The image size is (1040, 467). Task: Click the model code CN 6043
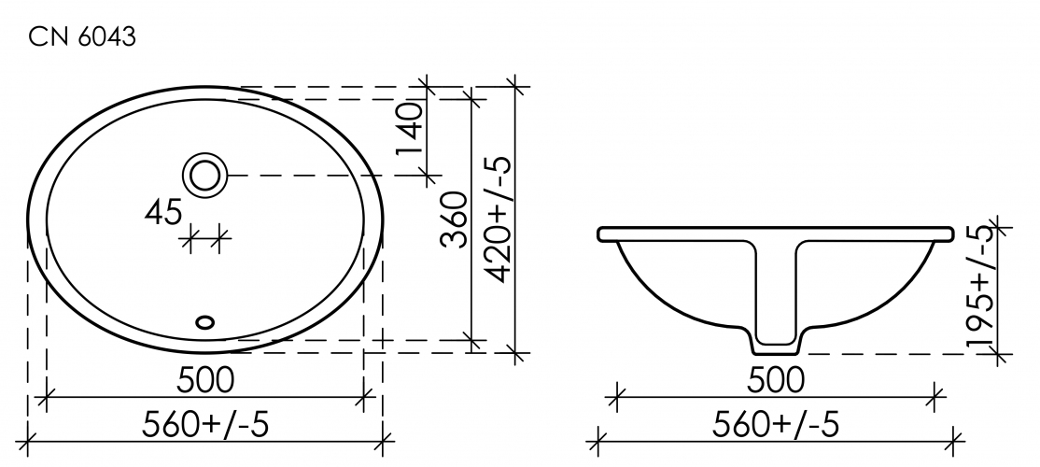[x=82, y=37]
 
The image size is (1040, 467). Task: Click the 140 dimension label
[x=410, y=129]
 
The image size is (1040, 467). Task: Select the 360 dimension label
[x=455, y=219]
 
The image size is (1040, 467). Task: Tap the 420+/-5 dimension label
[x=499, y=219]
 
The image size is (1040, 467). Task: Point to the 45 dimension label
[x=163, y=213]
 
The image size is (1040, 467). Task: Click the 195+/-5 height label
[x=981, y=286]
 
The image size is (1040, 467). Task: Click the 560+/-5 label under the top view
[x=205, y=425]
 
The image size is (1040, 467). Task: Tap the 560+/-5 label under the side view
[x=776, y=425]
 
